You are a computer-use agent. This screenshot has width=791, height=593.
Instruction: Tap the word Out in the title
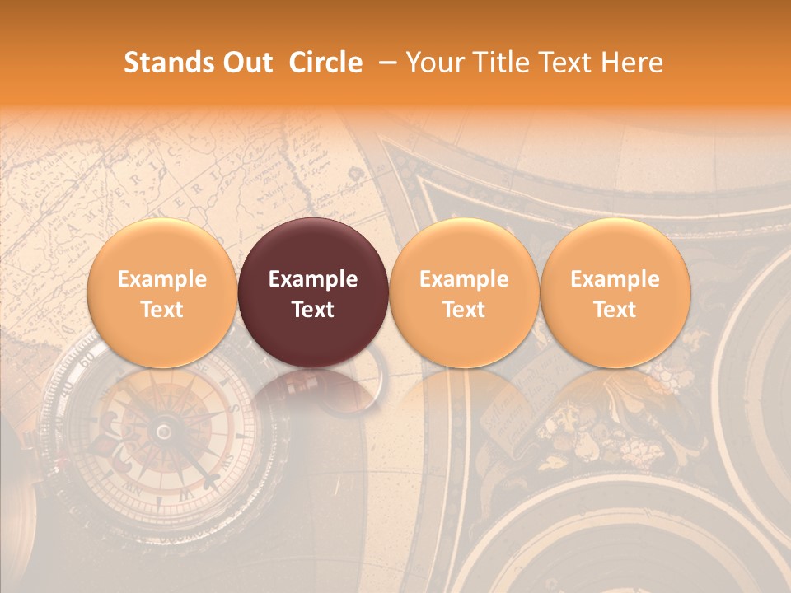pos(246,63)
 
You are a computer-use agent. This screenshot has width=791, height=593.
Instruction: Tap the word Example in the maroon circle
pos(313,279)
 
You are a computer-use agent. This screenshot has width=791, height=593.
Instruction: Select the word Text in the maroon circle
pos(313,310)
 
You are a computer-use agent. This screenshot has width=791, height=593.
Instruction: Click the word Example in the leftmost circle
pos(162,279)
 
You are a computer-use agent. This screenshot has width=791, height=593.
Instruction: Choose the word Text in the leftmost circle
pos(162,310)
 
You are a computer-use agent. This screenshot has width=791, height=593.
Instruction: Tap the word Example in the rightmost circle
pos(615,279)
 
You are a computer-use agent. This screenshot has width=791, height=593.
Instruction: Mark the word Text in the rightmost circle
pos(615,310)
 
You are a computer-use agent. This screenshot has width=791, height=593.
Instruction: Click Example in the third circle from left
pos(464,279)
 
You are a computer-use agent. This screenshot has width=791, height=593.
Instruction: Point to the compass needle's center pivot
pos(164,432)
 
